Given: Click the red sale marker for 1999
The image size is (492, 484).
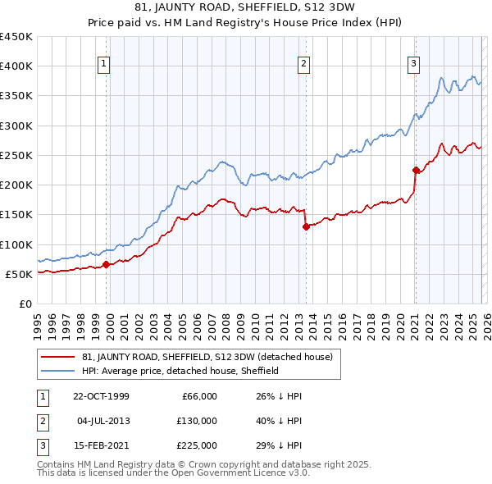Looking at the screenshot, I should coord(107,264).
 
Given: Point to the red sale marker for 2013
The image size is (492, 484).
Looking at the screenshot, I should coord(306,226).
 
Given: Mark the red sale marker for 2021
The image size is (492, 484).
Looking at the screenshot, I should coord(415,170).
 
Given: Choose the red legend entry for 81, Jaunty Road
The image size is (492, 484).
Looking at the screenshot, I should coord(207,357).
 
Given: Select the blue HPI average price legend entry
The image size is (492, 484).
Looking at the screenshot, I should coord(180,371).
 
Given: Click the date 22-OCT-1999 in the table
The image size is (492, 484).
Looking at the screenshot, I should coord(101,395).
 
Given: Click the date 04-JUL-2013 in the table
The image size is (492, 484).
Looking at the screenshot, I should coord(102,421).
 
